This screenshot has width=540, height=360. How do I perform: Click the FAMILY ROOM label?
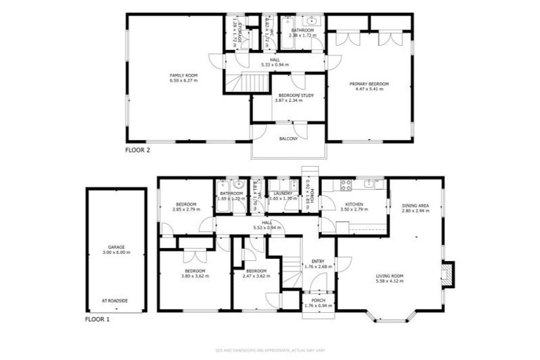point(184,75)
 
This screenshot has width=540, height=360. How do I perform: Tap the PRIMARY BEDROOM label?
point(369,84)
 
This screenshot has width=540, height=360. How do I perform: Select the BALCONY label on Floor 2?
point(288,139)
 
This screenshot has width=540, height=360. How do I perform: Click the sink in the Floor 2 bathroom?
point(314,21)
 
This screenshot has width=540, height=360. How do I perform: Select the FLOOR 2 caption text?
point(137,150)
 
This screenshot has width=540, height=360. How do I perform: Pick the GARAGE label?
point(116,247)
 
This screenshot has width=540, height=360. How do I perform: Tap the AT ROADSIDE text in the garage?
point(116,300)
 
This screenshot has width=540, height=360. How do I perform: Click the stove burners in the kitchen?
point(345,185)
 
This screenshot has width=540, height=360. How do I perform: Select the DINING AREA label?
point(416,207)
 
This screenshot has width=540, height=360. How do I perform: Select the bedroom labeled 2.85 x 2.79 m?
point(186,210)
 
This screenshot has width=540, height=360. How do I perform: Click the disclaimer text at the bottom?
point(270,349)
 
